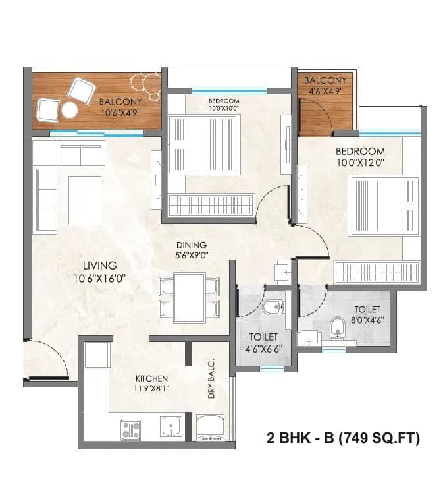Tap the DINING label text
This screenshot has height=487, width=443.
191,244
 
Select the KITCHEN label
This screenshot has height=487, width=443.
151,378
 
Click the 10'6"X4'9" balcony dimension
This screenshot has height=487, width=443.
120,113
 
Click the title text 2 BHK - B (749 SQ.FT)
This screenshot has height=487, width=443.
342,437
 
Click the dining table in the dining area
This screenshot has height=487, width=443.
189,297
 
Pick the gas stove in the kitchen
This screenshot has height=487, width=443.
130,429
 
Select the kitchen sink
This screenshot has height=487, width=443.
171,426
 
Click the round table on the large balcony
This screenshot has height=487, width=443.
69,110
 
